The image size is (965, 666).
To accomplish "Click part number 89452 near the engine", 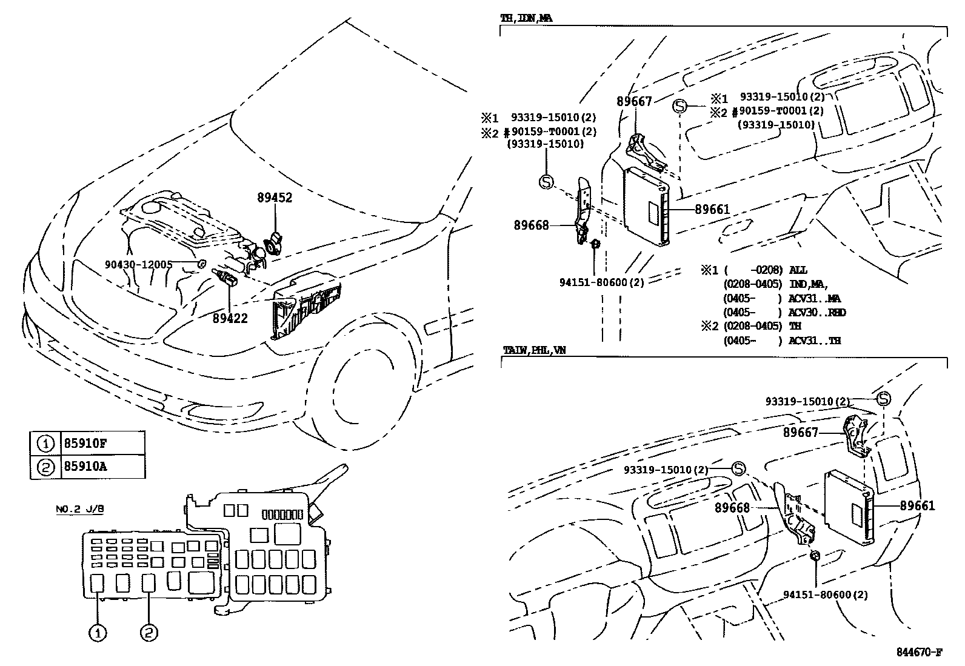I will point(275,198).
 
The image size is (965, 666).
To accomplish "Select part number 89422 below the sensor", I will point(230,318).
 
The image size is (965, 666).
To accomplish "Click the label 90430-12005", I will point(138,264).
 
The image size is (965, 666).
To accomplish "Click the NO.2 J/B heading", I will point(79,510).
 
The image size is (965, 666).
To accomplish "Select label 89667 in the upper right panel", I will point(634,102).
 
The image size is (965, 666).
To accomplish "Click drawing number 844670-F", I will point(920,652).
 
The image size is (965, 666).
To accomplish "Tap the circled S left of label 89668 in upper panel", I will point(546,181).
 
